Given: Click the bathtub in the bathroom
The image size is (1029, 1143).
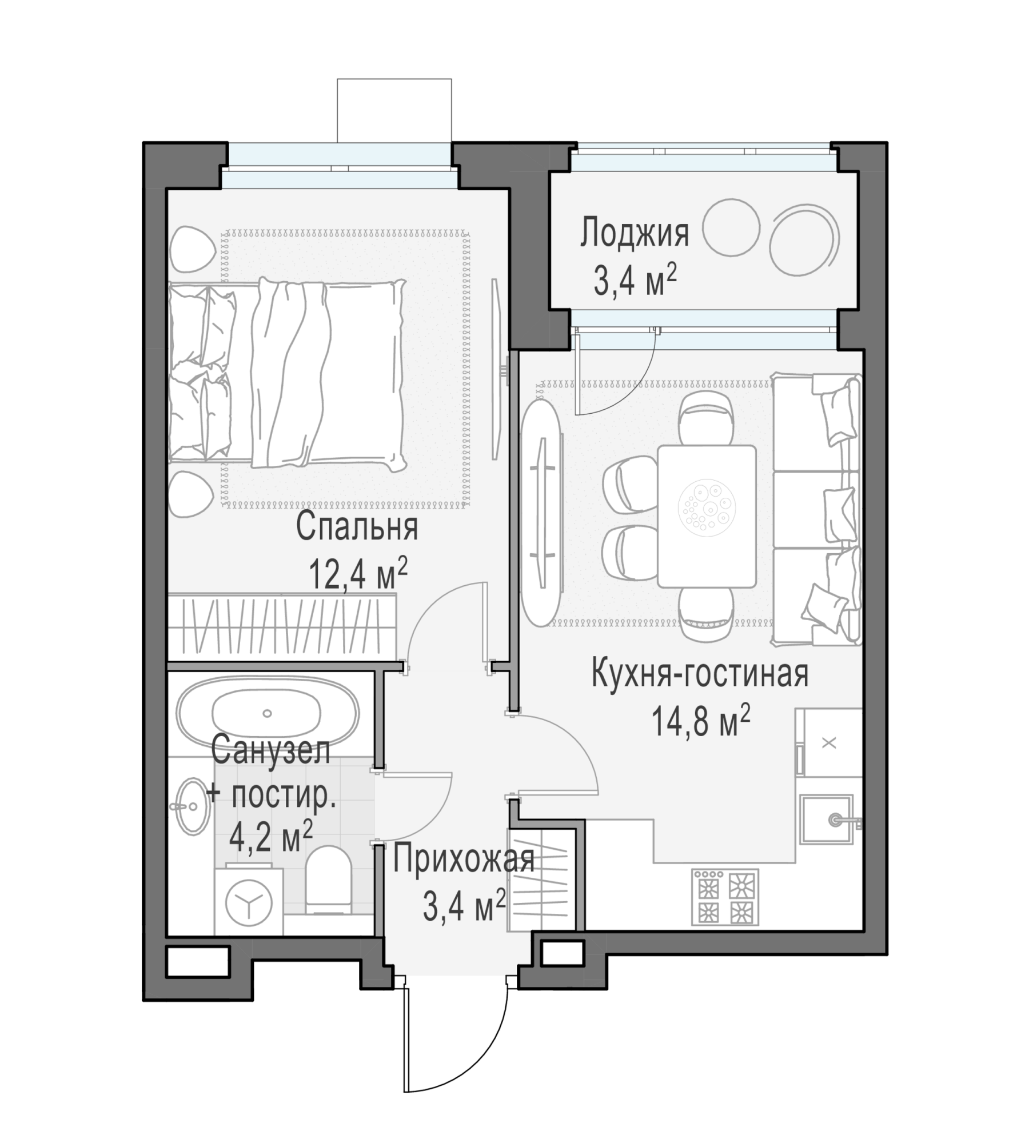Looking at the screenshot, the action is [x=268, y=713].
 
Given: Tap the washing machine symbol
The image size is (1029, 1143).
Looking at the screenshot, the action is [x=249, y=902].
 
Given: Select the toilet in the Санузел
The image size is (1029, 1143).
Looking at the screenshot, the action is [x=328, y=881].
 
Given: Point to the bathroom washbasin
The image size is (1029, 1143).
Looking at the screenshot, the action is [x=191, y=806].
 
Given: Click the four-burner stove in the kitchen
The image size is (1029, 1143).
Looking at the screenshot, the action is [x=725, y=897].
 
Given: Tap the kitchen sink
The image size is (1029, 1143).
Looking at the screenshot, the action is [x=827, y=819].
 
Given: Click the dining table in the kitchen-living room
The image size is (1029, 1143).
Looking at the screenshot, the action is [x=707, y=517].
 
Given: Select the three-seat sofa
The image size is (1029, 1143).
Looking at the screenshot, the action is [x=817, y=509].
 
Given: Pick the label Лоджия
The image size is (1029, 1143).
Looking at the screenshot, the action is [x=635, y=233].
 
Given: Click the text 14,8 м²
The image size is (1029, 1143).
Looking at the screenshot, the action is [x=700, y=721].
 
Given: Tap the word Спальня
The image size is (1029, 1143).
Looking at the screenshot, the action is [x=357, y=526].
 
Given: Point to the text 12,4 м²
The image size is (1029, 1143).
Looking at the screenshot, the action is [x=358, y=573].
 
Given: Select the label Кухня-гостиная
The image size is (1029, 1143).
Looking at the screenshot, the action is [x=700, y=673].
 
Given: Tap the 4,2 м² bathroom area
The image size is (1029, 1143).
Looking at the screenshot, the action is [x=271, y=837].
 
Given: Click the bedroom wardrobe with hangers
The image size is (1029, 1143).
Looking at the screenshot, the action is [x=282, y=628].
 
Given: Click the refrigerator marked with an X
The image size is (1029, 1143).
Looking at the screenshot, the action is [x=829, y=742].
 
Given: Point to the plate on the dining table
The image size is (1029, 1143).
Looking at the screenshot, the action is [x=707, y=507].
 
